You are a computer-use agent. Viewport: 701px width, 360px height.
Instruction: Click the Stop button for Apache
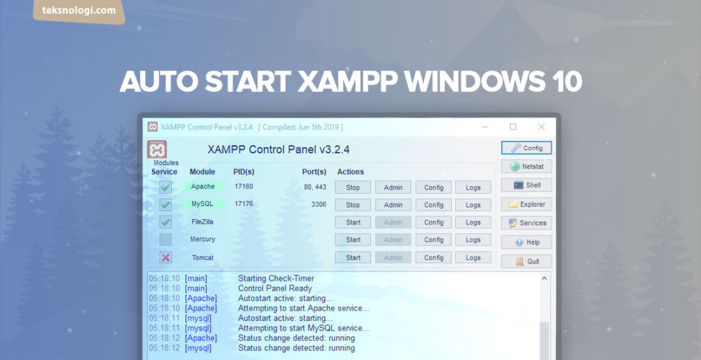coord(353,188)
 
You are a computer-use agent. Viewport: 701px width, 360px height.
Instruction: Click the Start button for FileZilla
coord(353,222)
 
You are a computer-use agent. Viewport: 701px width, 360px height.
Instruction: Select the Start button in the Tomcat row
coord(353,258)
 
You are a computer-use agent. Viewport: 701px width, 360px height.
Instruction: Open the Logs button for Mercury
coord(473,240)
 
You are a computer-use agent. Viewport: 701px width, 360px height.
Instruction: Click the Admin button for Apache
coord(393,188)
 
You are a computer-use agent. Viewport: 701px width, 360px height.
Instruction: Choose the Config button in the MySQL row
coord(433,205)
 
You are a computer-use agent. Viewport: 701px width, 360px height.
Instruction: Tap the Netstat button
coord(526,166)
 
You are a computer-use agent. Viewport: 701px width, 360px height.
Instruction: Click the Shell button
coord(526,185)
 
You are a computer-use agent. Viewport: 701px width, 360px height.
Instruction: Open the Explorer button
coord(526,204)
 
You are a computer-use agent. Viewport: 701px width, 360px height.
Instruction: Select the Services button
coord(526,223)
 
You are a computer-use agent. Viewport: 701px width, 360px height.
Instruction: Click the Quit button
coord(526,261)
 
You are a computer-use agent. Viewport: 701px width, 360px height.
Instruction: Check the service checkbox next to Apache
coord(166,187)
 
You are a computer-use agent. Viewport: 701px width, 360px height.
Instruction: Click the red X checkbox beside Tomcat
coord(166,257)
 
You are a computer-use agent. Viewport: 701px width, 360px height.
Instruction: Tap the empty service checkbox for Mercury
coord(166,240)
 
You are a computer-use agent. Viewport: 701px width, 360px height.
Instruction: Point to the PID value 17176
coord(244,204)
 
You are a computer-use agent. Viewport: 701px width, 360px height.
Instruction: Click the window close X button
coord(541,127)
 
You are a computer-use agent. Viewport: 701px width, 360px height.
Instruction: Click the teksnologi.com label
coord(79,11)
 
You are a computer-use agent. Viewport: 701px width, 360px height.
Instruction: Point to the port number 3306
coord(318,204)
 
